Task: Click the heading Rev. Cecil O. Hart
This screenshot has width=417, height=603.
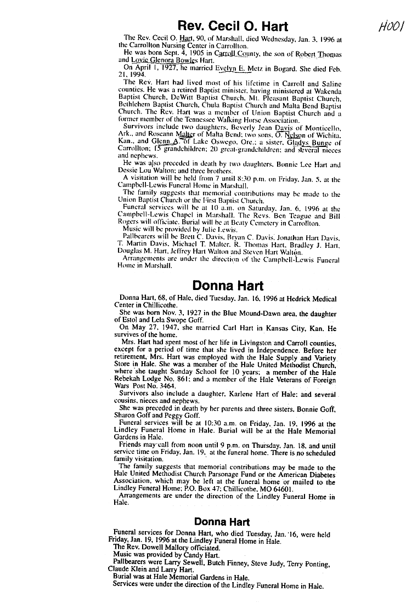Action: (x=233, y=26)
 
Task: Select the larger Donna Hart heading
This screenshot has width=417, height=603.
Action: (x=228, y=286)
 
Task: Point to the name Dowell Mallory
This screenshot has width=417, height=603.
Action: (x=167, y=547)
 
